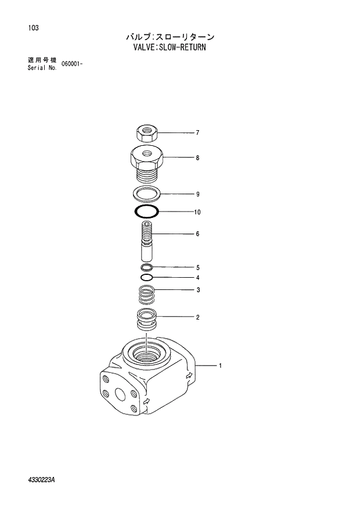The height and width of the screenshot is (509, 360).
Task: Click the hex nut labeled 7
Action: [x=147, y=133]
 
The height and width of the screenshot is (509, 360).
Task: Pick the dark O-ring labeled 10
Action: [x=146, y=212]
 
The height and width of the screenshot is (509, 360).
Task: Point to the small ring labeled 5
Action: [x=146, y=267]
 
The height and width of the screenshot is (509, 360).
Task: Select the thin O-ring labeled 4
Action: [x=146, y=278]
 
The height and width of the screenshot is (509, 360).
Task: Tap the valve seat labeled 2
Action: [x=146, y=321]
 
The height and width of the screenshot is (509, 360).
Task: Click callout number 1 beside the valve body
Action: [x=220, y=366]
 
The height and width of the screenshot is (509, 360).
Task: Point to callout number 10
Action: [x=197, y=213]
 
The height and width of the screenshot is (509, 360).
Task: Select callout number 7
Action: [x=197, y=133]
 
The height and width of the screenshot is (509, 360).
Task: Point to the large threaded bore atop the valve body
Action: [x=145, y=353]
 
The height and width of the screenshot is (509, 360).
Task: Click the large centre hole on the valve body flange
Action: [x=120, y=394]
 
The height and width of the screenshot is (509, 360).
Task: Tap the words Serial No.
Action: [x=42, y=67]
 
